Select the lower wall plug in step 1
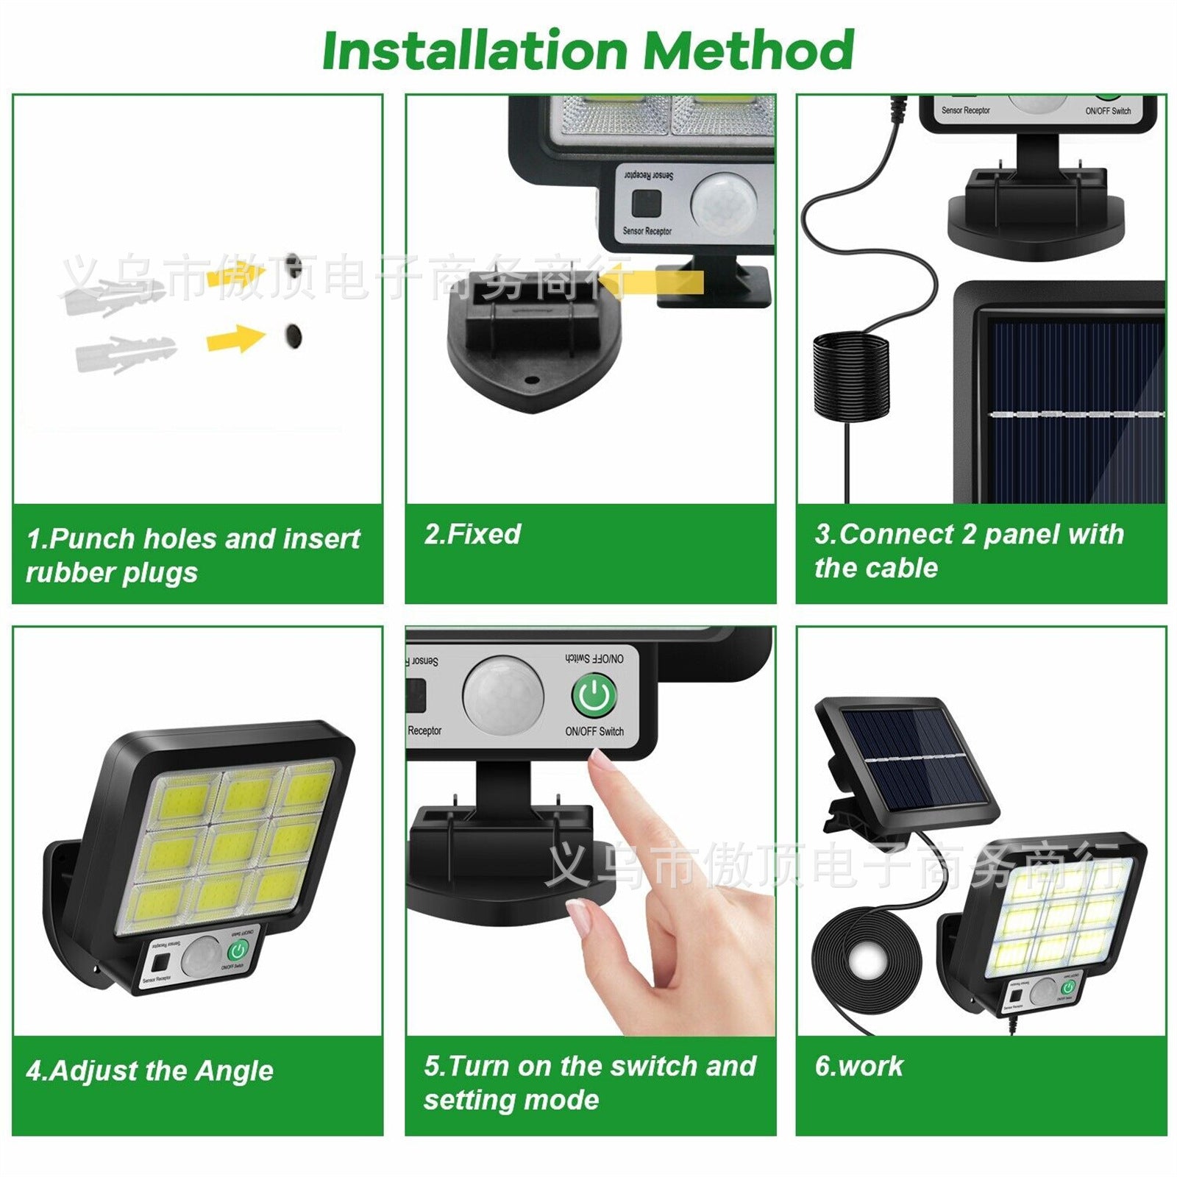125,354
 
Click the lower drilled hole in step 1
294,335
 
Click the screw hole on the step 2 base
531,380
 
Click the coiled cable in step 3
850,375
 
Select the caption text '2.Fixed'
472,534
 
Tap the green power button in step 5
594,695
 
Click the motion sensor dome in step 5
503,696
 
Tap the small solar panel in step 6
908,758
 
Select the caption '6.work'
858,1066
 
